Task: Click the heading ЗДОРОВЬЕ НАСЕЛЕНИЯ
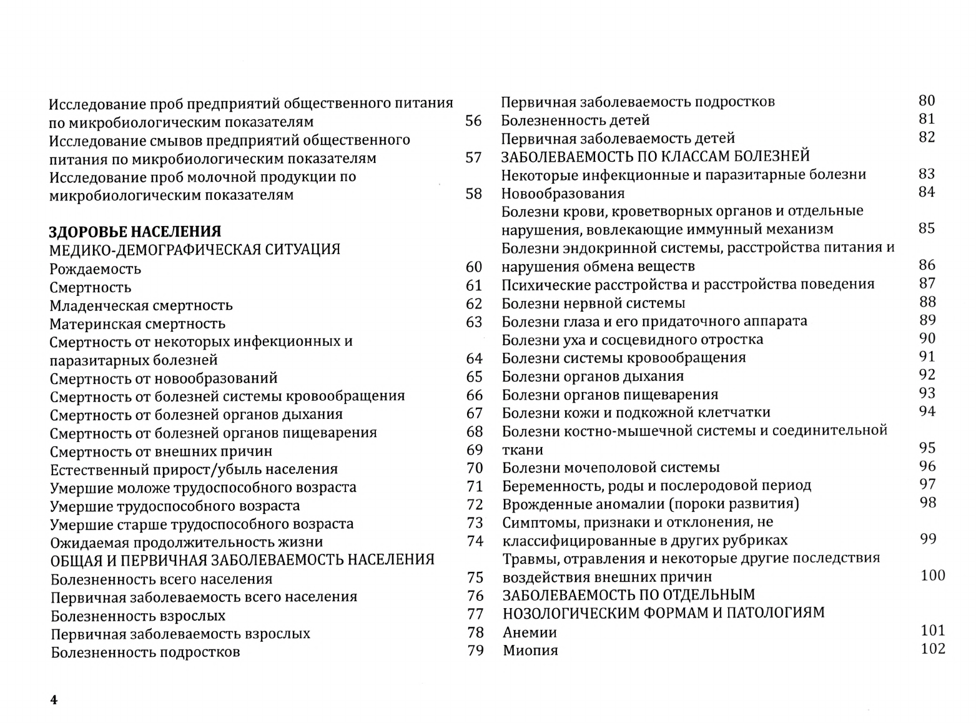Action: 135,232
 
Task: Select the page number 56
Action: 474,121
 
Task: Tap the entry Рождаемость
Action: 96,269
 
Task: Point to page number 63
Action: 474,322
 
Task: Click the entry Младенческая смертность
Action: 141,305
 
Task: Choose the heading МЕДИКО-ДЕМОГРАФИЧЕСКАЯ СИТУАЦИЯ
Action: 195,250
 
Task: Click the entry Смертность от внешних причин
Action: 161,451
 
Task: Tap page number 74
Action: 475,541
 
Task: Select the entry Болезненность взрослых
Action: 138,616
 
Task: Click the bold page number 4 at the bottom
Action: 54,700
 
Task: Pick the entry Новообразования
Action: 563,194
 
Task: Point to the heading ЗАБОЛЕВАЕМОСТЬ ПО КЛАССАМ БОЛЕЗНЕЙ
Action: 656,156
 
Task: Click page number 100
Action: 933,575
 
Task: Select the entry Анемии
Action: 530,632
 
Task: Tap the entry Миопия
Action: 530,651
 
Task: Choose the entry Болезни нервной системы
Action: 593,303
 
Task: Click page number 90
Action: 927,338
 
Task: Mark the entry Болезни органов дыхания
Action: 593,376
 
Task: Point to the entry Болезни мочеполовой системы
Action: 611,467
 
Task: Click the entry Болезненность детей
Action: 575,120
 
